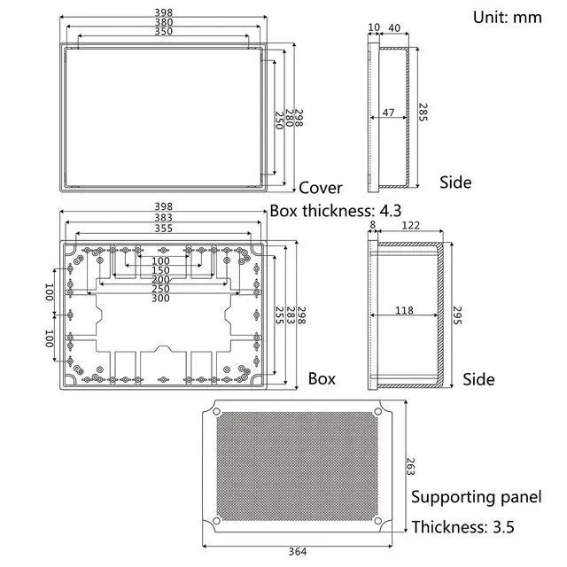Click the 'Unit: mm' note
pos(508,18)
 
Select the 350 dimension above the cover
pos(163,32)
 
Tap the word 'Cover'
pos(321,188)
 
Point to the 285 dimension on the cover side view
pos(423,113)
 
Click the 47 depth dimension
pos(388,113)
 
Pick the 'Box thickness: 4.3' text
pos(336,211)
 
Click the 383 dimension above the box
pos(163,217)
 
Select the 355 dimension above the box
pos(163,229)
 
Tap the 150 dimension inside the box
pos(160,270)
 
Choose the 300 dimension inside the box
pos(160,298)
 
